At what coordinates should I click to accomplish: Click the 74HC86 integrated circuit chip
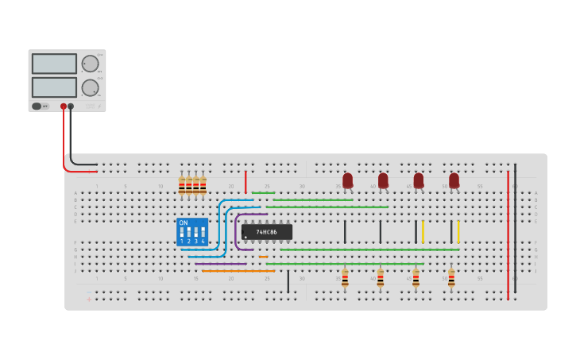coord(266,232)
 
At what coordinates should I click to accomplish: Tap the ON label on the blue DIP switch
coord(184,223)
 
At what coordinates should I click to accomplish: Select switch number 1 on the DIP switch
coord(182,234)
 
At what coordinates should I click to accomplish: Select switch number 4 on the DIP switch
coord(203,234)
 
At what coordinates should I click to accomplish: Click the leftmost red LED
coord(347,180)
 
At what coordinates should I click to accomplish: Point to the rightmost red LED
coord(454,180)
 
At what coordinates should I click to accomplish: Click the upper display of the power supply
coord(54,64)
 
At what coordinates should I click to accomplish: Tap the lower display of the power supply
coord(54,87)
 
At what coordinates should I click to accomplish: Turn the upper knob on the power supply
coord(90,64)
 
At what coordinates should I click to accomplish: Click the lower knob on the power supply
coord(90,87)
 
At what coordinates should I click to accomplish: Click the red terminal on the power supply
coord(64,106)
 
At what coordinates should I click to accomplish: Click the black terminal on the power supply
coord(71,106)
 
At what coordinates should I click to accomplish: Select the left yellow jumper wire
coord(423,231)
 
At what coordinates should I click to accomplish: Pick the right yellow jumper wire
coord(458,231)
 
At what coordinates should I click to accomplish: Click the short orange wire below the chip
coord(263,257)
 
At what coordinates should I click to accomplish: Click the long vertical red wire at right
coord(508,234)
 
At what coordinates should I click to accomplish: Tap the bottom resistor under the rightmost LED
coord(451,278)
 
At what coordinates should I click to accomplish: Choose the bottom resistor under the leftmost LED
coord(345,278)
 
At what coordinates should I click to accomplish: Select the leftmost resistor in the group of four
coord(182,186)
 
